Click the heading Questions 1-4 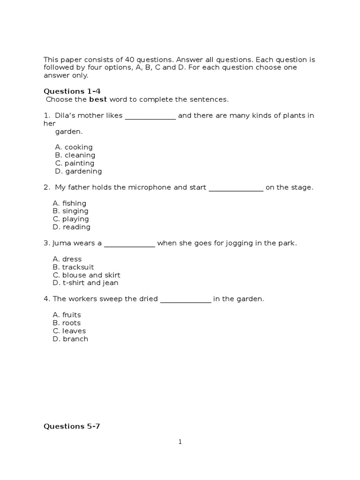(x=72, y=91)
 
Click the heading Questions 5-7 (x=72, y=426)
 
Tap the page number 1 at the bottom (x=180, y=442)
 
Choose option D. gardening (x=78, y=171)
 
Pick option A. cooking (x=74, y=147)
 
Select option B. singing (x=70, y=211)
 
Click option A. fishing (x=69, y=203)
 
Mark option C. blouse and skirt (x=87, y=275)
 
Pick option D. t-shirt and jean (x=85, y=283)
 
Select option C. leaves (x=69, y=331)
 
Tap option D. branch (x=70, y=339)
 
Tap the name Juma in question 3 (x=60, y=243)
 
